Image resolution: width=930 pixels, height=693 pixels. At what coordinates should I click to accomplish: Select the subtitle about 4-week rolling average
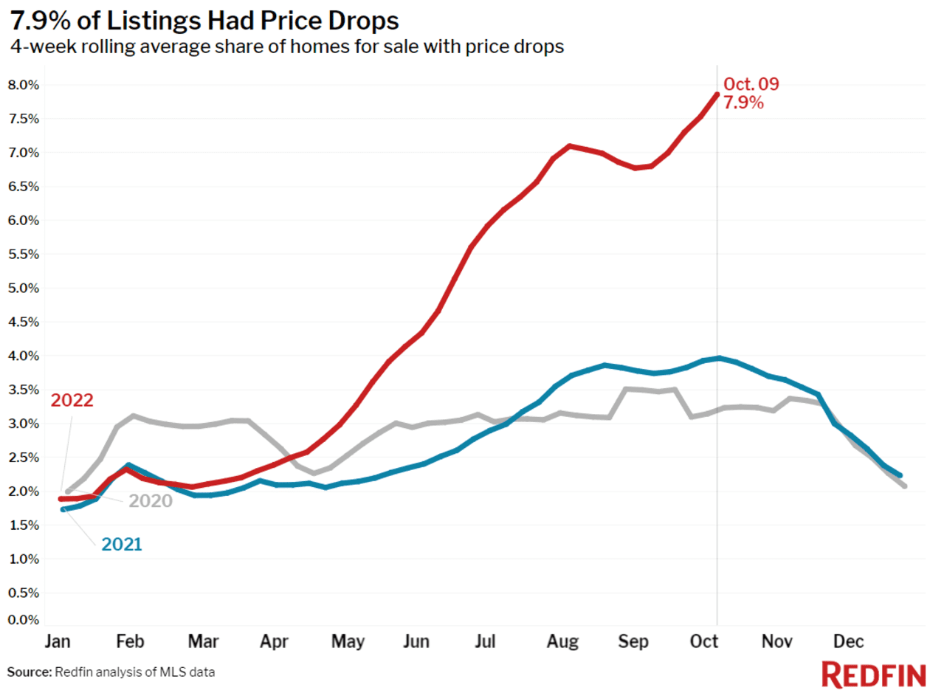click(x=287, y=47)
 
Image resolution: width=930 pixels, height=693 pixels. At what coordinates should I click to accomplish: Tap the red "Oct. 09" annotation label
click(x=751, y=84)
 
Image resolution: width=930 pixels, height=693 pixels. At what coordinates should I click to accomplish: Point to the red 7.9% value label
click(x=743, y=103)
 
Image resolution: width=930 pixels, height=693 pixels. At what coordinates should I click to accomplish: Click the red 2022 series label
click(x=72, y=401)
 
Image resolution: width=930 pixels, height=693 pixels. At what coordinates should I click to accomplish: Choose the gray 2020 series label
click(x=151, y=501)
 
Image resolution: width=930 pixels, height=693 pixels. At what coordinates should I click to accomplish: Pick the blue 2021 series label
click(x=121, y=545)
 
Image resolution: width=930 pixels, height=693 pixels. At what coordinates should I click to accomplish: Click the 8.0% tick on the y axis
click(x=23, y=85)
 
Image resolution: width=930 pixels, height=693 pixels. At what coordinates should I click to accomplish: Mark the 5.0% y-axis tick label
click(x=23, y=288)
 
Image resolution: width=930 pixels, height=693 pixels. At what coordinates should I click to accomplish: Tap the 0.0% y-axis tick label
click(x=23, y=619)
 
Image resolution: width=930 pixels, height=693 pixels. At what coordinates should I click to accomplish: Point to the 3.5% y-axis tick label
click(x=23, y=390)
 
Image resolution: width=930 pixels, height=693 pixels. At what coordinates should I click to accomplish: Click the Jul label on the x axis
click(x=485, y=642)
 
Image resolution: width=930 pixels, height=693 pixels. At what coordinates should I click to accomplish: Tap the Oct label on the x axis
click(x=705, y=642)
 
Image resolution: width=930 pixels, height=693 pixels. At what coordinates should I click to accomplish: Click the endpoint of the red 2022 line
click(x=716, y=94)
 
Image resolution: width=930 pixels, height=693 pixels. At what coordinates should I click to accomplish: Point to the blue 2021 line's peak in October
click(x=717, y=358)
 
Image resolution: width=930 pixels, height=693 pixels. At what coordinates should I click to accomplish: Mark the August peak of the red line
click(x=569, y=146)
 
